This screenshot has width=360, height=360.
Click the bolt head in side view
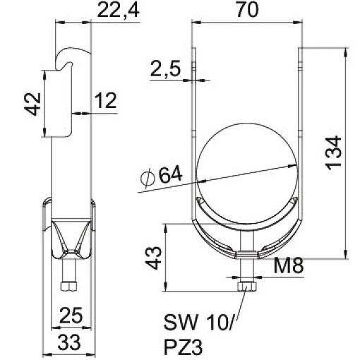(x=68, y=286)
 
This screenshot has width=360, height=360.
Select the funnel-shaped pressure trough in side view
(x=68, y=236)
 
